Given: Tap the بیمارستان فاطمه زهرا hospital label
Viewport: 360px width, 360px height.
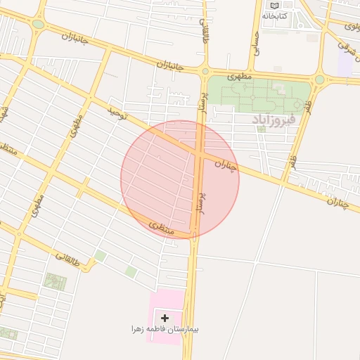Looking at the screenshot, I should click(x=165, y=329).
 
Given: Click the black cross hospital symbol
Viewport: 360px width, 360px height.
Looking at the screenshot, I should click(x=165, y=319).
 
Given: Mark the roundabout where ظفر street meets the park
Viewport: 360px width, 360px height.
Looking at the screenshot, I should click(x=320, y=79).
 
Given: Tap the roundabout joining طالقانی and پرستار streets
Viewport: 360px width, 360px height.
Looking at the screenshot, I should click(x=205, y=71).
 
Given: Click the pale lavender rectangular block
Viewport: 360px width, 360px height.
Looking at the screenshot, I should click(x=345, y=63).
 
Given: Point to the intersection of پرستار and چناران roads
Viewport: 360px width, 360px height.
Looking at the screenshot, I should click(x=199, y=150).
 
